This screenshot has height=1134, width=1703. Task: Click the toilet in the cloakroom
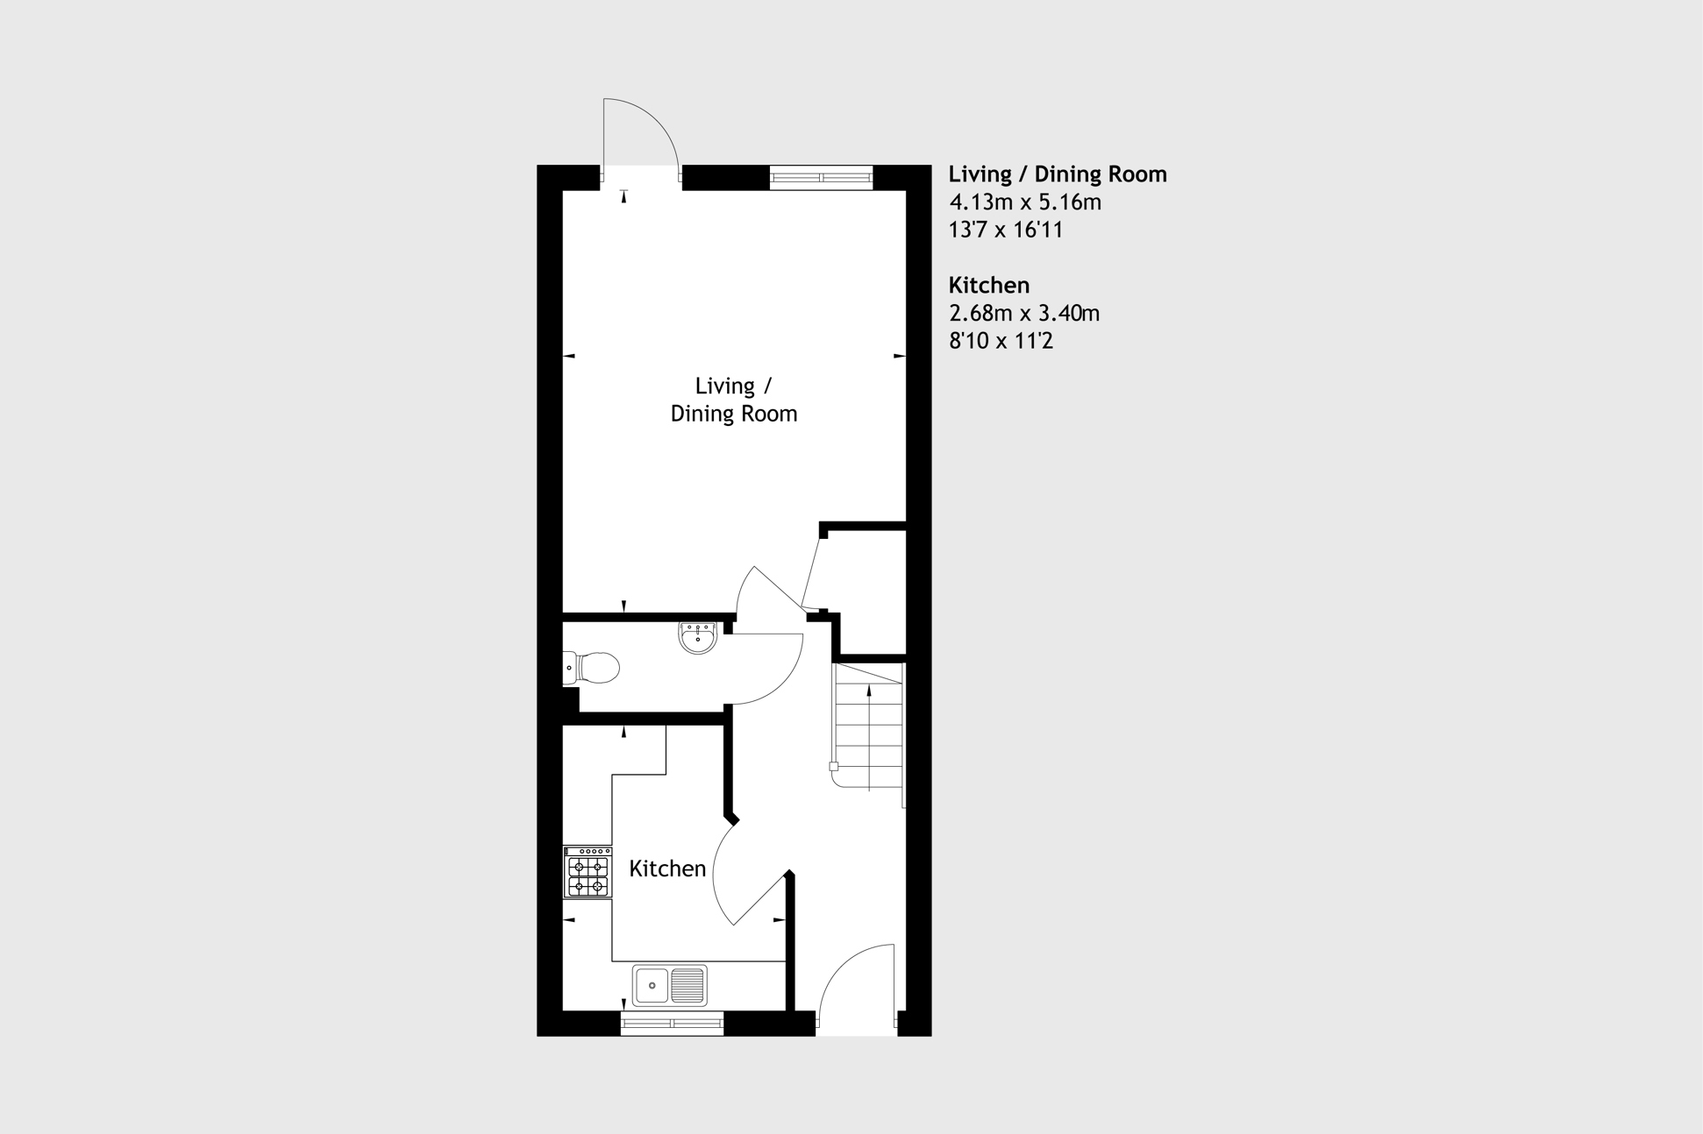point(591,668)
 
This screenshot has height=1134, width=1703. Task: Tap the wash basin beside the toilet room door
point(698,637)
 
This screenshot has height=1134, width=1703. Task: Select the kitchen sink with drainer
point(670,985)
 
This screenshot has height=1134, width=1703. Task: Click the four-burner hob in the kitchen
point(588,872)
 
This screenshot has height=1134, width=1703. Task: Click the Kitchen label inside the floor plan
point(667,868)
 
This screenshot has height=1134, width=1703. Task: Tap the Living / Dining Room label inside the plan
point(734,400)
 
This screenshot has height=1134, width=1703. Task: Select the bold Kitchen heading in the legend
point(989,285)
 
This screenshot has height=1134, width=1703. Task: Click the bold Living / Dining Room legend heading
point(1058,174)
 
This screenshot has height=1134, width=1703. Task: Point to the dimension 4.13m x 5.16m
point(1025,202)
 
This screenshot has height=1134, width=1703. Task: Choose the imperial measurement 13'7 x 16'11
point(1006,230)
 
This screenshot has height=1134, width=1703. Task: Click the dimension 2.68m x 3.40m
point(1024,313)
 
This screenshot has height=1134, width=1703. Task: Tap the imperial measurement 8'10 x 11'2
point(1001,341)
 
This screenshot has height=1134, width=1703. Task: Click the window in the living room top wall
point(822,178)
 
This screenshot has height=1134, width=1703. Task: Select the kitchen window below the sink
point(672,1024)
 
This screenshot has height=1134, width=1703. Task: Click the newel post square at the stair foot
point(834,767)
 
